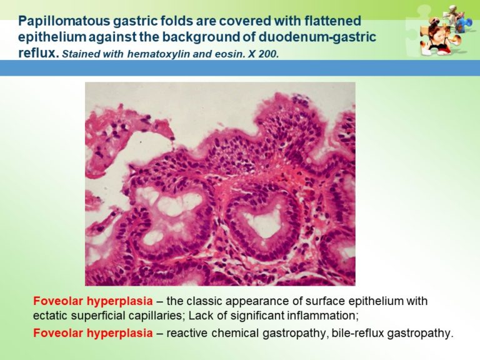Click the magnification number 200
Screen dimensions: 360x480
coord(267,54)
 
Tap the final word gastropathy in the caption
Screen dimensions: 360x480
coord(419,333)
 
